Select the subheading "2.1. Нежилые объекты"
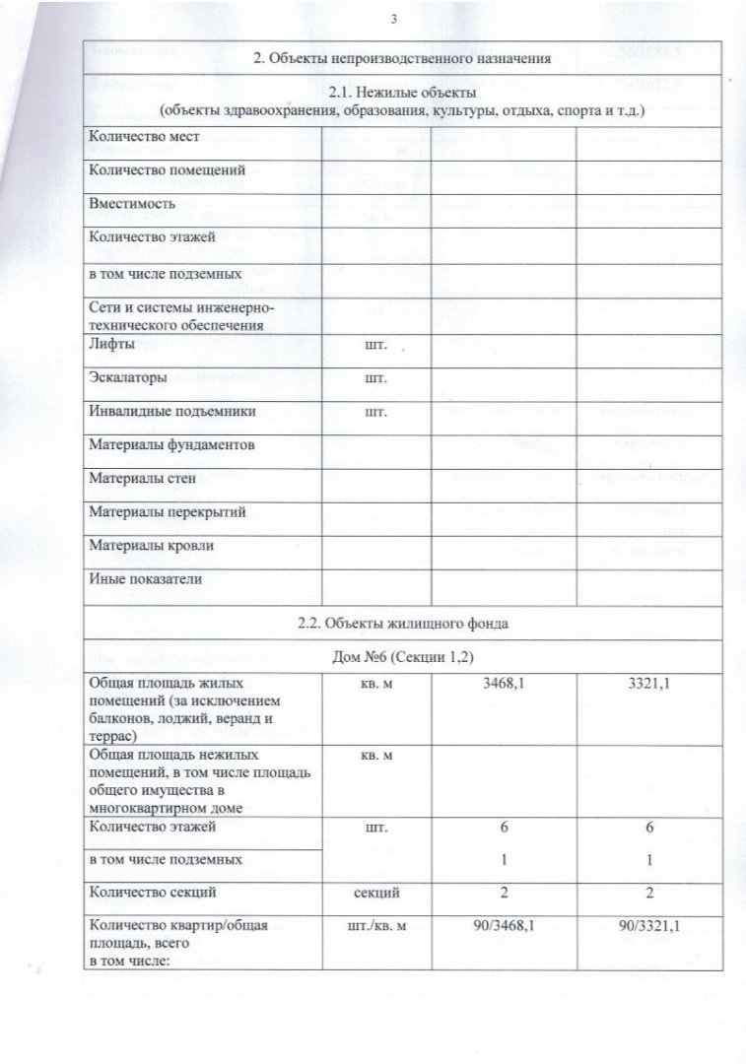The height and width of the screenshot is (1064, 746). pyautogui.click(x=402, y=94)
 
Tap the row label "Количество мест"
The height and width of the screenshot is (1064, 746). pyautogui.click(x=140, y=138)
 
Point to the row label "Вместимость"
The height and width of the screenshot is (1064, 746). pyautogui.click(x=132, y=205)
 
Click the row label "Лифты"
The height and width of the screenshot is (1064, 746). pyautogui.click(x=110, y=345)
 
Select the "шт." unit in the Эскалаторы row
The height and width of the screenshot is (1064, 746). pyautogui.click(x=375, y=378)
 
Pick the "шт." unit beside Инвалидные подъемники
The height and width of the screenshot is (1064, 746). pyautogui.click(x=375, y=412)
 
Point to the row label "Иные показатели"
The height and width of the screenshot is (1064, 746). pyautogui.click(x=145, y=579)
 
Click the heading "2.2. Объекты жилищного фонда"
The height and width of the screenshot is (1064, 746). pyautogui.click(x=402, y=624)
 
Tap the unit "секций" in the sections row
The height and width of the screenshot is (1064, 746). pyautogui.click(x=375, y=893)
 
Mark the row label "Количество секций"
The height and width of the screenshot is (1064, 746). pyautogui.click(x=152, y=893)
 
